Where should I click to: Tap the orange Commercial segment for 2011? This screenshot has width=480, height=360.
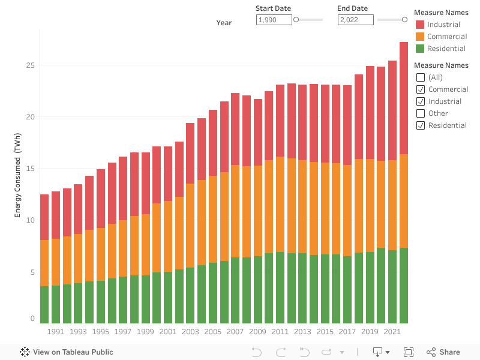tap(280, 204)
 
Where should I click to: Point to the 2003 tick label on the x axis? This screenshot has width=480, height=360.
tap(190, 332)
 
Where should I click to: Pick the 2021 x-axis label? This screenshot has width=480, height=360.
tap(392, 332)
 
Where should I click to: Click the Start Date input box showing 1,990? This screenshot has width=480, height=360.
tap(274, 20)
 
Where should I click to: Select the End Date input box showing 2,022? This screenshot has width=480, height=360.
tap(356, 20)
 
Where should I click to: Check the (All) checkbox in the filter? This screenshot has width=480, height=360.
tap(421, 77)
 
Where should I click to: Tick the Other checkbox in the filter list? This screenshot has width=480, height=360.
tap(421, 113)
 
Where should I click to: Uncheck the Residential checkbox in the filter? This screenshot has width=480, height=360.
tap(421, 125)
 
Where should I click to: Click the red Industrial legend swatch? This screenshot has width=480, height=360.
tap(420, 25)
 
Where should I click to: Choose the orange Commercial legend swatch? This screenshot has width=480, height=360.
tap(420, 37)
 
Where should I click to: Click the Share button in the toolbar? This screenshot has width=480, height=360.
tap(443, 352)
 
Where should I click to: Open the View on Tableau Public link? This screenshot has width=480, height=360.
tap(67, 352)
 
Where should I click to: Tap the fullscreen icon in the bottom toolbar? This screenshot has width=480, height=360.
tap(409, 352)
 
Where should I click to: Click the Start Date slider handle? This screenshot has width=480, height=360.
tap(296, 20)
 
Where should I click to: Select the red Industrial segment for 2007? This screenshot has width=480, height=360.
tap(235, 129)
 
